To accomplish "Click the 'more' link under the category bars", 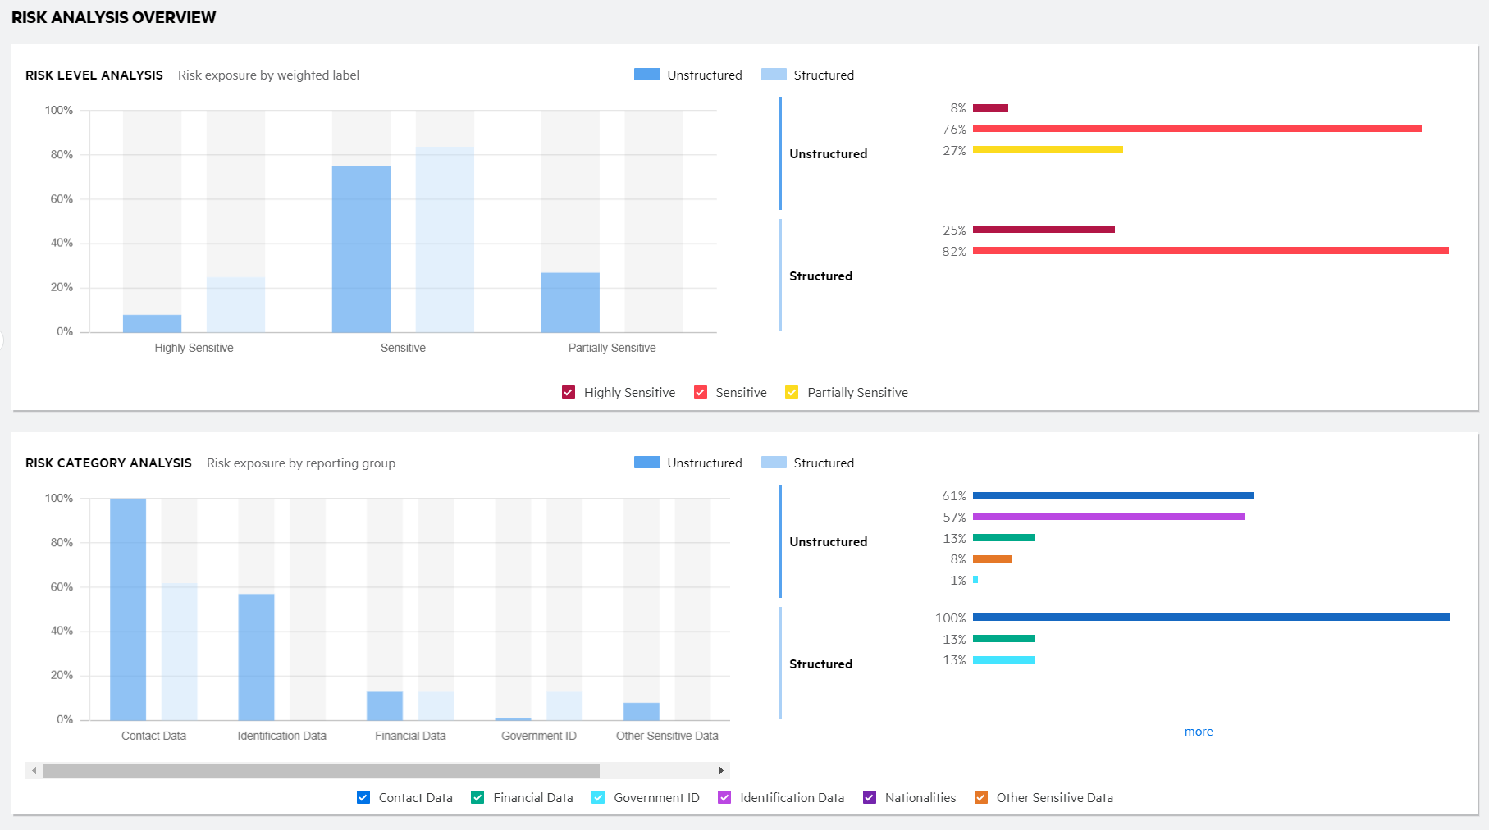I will click(x=1198, y=732).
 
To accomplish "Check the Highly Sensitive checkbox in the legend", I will click(x=569, y=392).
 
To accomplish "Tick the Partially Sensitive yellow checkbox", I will click(x=792, y=392).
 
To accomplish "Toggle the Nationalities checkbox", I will click(x=870, y=797).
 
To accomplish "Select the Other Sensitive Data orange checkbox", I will click(x=980, y=797).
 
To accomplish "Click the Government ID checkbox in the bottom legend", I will click(x=598, y=797).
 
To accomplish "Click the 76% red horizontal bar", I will click(x=1196, y=129).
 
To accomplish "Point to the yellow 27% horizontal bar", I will click(x=1047, y=150).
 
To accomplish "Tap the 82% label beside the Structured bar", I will click(x=953, y=252).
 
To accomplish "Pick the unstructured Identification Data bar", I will click(x=256, y=656).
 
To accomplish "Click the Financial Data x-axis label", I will click(x=410, y=736).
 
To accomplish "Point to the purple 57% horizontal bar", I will click(x=1108, y=517).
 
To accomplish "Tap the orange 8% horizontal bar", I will click(x=992, y=559).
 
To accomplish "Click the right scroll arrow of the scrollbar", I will click(x=720, y=771).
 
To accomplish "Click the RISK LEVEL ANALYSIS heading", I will click(x=94, y=75).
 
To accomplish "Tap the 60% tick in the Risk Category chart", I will click(x=62, y=587).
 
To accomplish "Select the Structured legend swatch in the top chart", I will click(x=774, y=75).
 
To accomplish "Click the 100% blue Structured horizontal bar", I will click(x=1210, y=618).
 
